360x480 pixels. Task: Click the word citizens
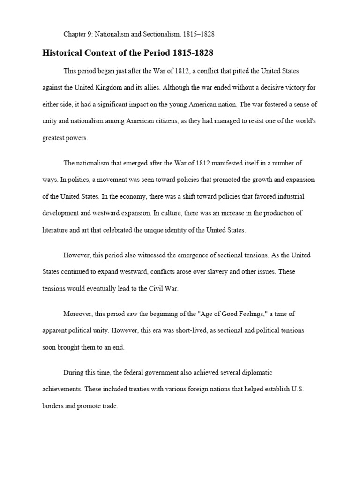tap(190, 121)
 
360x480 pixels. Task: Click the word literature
tap(56, 230)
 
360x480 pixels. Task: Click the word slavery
tap(223, 272)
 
